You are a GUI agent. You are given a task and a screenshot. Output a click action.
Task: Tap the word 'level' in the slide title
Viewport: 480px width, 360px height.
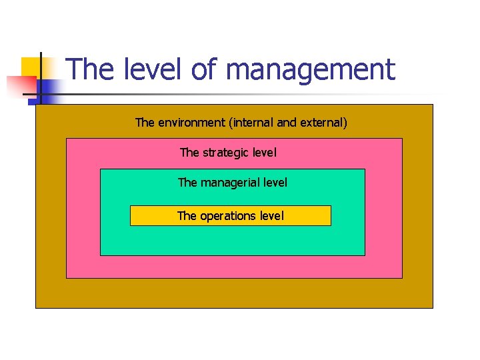click(157, 69)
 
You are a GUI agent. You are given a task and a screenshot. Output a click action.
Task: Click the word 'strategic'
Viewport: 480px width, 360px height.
click(228, 153)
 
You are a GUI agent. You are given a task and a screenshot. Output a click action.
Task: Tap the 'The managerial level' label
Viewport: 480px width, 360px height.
click(233, 182)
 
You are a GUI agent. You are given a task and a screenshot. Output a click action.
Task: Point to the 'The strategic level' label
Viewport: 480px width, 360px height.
click(228, 153)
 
